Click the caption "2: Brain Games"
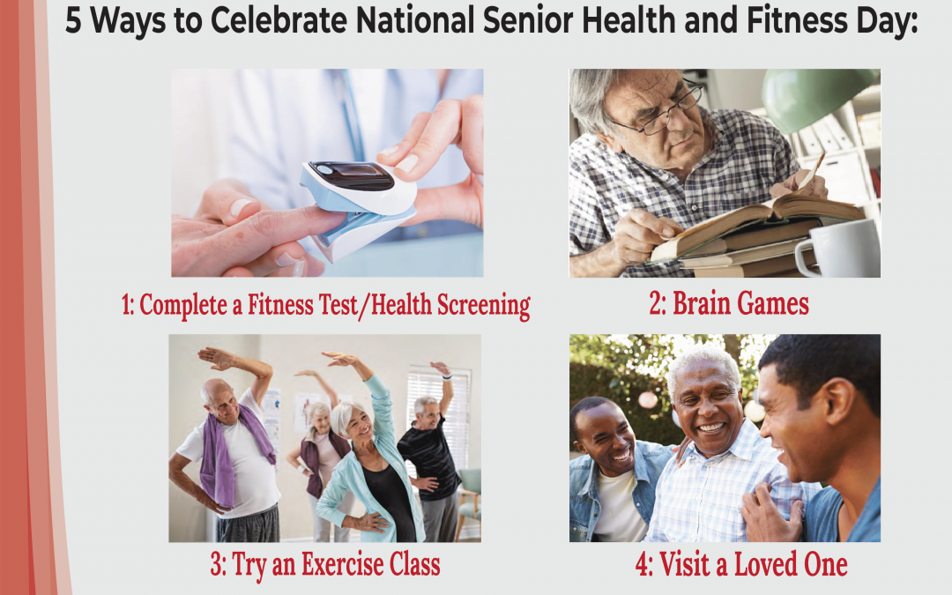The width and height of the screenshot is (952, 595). [728, 304]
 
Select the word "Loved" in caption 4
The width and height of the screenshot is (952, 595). [762, 565]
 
